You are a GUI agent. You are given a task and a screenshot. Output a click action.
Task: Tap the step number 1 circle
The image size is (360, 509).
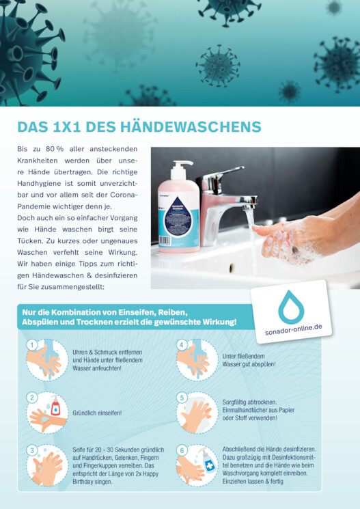[x=32, y=345]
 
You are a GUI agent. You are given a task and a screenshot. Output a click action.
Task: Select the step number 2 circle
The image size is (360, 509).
[x=32, y=398]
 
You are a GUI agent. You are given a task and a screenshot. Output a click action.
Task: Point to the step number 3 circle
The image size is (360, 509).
[x=32, y=450]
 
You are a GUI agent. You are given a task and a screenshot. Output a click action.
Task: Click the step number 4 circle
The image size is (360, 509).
[x=182, y=345]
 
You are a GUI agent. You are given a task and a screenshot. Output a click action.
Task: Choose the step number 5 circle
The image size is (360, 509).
[x=182, y=398]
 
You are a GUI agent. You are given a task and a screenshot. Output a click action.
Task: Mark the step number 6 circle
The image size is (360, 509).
[x=182, y=450]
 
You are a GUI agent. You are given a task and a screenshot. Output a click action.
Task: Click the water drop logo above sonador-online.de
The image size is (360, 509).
[x=291, y=307]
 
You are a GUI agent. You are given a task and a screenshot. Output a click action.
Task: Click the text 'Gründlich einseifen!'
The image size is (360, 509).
[x=97, y=413]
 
